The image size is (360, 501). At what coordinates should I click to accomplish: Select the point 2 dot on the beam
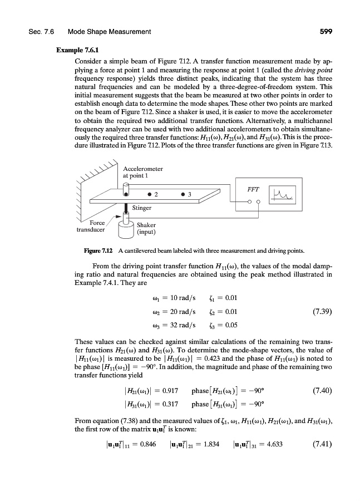[149, 194]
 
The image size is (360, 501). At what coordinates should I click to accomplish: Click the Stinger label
[142, 208]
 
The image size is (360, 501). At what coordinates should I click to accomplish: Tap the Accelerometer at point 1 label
[142, 171]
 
